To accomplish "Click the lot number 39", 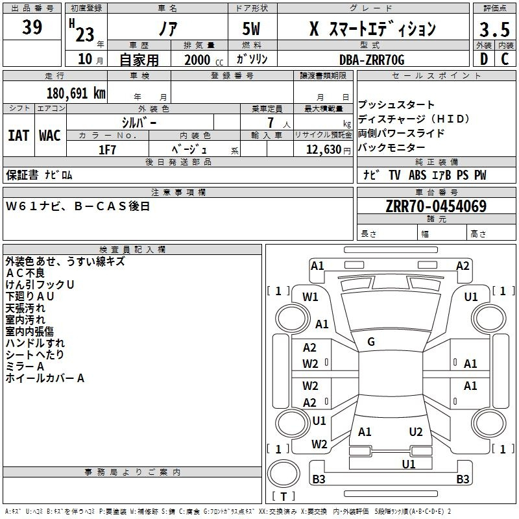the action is (32, 27).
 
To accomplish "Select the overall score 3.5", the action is (494, 29).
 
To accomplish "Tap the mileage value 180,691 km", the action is (76, 93).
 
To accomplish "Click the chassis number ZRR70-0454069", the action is (436, 206).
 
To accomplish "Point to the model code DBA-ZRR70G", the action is (372, 60).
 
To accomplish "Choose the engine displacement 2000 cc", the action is (204, 60).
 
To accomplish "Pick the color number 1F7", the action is (107, 150).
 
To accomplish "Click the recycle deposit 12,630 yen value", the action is (328, 150).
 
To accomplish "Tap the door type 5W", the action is (251, 29).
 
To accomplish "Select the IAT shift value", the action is (18, 136).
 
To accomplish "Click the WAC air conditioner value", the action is (50, 136).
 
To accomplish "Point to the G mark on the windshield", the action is (371, 342).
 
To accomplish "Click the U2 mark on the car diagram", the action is (416, 432).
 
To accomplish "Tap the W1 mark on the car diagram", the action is (310, 297).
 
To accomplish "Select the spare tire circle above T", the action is (284, 474).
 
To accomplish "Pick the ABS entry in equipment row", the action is (417, 175).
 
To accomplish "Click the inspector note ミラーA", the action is (25, 367).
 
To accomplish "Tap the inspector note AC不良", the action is (25, 273).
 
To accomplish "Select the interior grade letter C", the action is (505, 59).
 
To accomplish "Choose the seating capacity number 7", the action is (271, 123).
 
